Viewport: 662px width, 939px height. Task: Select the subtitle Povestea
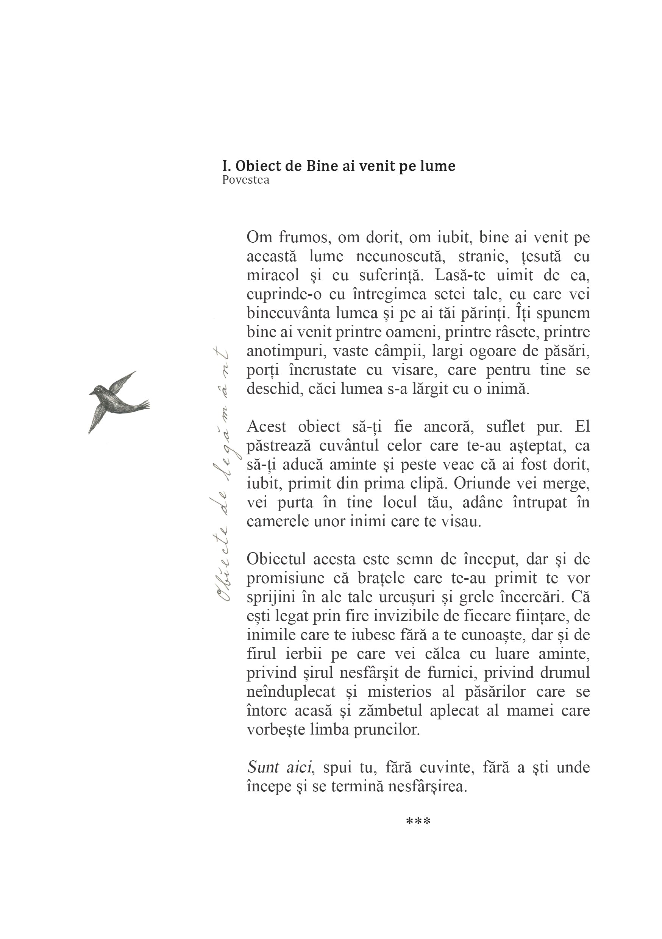[245, 180]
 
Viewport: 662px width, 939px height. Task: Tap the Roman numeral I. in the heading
[226, 166]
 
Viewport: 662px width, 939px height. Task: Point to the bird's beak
[91, 394]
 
